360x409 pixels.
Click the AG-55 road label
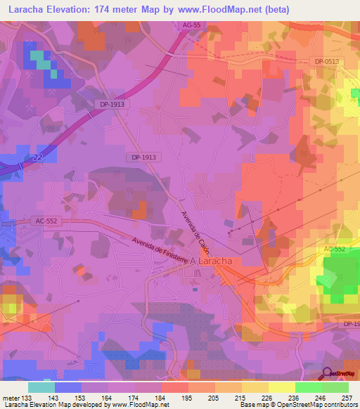[x=191, y=25]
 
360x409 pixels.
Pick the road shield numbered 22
[x=35, y=158]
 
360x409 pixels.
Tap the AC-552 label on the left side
[x=46, y=221]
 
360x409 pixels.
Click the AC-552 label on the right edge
[x=336, y=249]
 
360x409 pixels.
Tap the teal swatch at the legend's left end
[x=41, y=387]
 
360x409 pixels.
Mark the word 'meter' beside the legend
[x=11, y=398]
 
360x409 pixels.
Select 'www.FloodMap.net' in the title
[x=217, y=9]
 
